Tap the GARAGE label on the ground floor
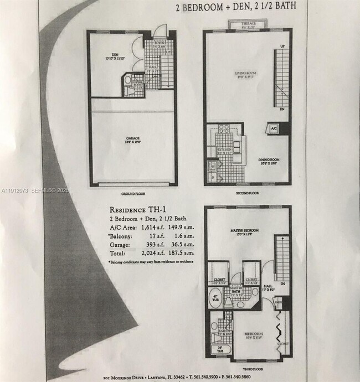131,138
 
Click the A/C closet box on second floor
274,127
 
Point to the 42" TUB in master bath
215,297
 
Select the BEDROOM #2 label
250,334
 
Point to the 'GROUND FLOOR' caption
132,194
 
